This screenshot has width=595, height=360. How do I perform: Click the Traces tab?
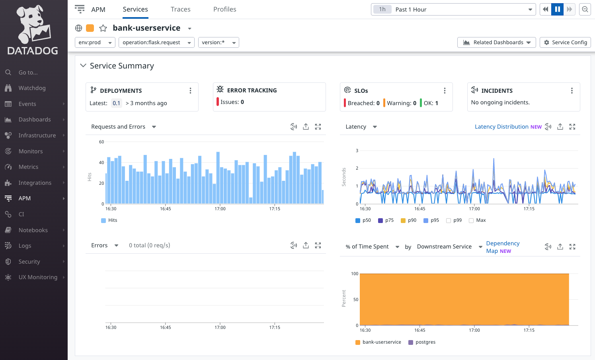coord(180,9)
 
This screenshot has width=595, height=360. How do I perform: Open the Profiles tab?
coord(224,9)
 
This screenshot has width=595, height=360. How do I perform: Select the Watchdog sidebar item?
coord(32,88)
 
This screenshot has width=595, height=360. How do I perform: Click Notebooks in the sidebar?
coord(33,230)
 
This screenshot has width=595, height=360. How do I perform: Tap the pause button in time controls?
coord(557,9)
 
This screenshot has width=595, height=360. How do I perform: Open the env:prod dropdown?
coord(95,42)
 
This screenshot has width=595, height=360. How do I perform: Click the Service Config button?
coord(565,42)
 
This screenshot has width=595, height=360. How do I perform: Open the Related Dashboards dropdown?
coord(497,42)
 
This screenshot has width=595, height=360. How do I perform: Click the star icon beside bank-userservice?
coord(103,28)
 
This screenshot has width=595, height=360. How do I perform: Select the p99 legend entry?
coord(457,220)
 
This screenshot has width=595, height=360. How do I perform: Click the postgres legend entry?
coord(425,342)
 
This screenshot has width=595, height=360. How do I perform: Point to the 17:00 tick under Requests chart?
coord(220,209)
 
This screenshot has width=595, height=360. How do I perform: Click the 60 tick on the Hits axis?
coord(101,142)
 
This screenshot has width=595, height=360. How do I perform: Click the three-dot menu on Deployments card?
coord(190,91)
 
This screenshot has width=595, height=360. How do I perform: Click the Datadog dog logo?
coord(33,24)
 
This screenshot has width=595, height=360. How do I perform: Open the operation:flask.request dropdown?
coord(156,42)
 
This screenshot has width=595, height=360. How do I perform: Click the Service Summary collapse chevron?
coord(83,66)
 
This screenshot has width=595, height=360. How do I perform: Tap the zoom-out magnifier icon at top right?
coord(585,9)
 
